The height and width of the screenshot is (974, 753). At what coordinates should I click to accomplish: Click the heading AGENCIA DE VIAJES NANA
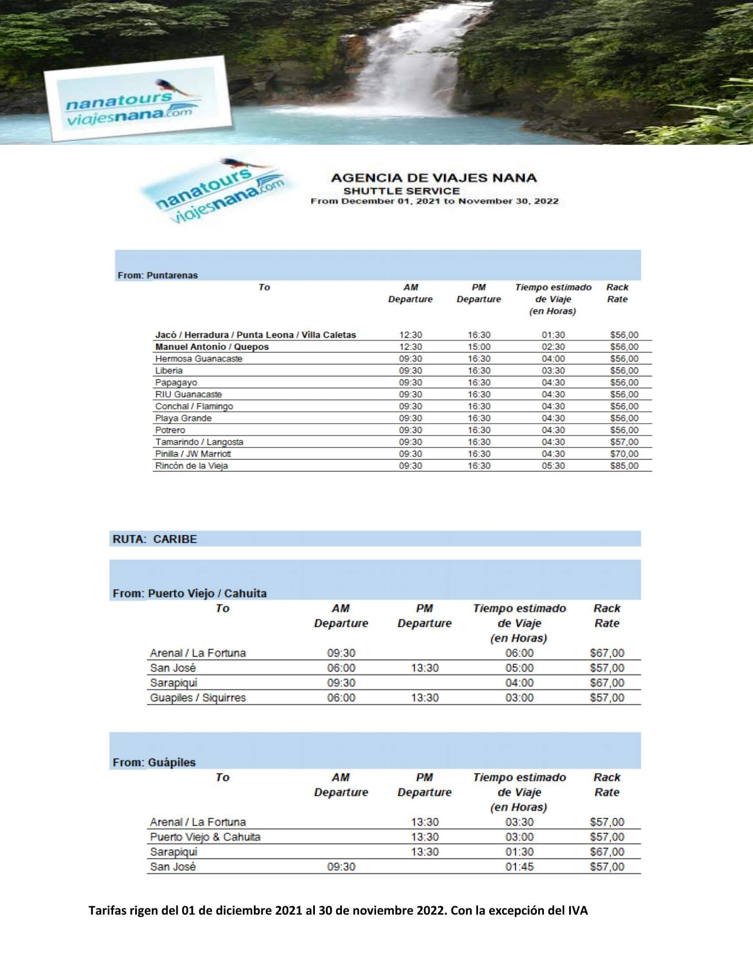434,178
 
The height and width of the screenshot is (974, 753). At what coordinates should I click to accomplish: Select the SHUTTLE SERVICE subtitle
401,191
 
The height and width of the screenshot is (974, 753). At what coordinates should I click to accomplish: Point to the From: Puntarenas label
158,275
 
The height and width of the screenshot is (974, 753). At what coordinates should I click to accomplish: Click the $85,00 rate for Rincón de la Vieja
624,466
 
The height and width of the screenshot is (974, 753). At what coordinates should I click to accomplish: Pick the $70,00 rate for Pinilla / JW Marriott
624,453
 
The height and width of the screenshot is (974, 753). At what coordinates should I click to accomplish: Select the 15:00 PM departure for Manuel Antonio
479,347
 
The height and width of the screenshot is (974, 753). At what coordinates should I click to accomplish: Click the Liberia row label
169,370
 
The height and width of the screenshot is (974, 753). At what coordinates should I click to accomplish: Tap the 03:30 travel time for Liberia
553,370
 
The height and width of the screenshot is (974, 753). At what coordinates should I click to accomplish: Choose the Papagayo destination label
176,382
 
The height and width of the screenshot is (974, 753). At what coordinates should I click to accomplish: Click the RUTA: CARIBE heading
154,539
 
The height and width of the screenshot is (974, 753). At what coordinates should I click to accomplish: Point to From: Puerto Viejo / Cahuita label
190,593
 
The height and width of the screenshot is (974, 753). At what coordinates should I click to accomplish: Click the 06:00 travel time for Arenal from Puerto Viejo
519,653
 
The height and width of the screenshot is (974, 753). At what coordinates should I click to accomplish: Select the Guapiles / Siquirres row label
198,697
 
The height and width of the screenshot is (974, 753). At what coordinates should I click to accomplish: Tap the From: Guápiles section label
154,762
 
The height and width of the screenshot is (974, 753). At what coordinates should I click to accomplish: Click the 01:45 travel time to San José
519,866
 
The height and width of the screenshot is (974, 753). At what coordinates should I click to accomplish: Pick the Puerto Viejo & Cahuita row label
205,837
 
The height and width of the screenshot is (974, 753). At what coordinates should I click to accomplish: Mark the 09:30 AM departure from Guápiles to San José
341,866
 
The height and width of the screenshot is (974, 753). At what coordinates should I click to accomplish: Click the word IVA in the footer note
577,911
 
